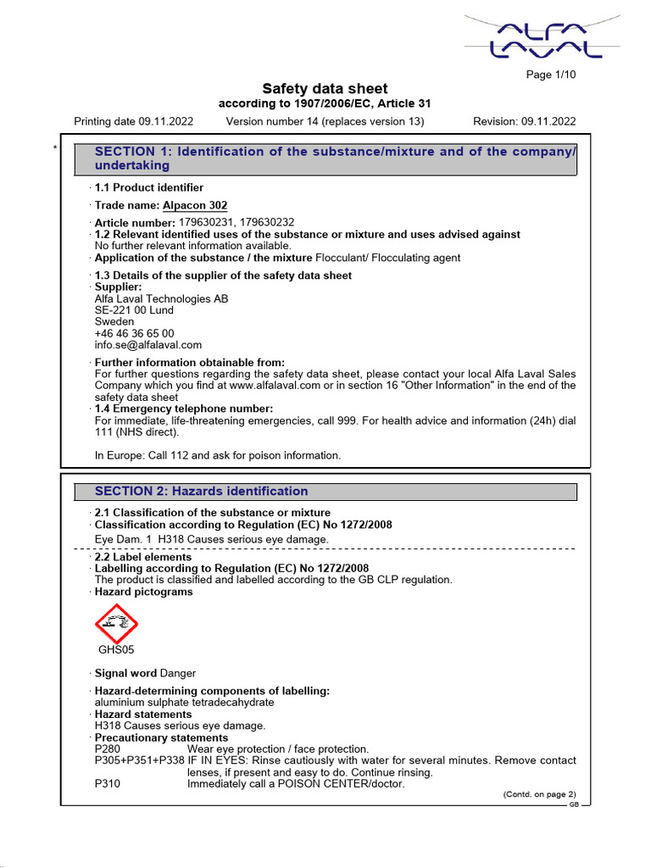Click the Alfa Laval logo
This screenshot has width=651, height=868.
tap(542, 37)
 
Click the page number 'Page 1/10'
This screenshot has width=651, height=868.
tap(551, 75)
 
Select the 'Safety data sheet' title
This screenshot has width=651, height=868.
tap(325, 89)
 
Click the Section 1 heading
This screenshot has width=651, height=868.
tap(335, 159)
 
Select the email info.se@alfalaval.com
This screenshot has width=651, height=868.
tap(147, 345)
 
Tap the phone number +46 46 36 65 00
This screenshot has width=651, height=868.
tap(134, 334)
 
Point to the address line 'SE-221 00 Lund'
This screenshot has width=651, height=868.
tap(134, 310)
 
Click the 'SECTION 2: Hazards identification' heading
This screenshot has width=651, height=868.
tap(201, 492)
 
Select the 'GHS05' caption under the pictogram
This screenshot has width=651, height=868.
tap(116, 650)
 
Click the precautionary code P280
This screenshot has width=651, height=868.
tap(108, 749)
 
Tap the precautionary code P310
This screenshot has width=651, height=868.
tap(108, 784)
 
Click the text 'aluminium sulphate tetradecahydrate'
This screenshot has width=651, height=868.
tap(184, 703)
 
